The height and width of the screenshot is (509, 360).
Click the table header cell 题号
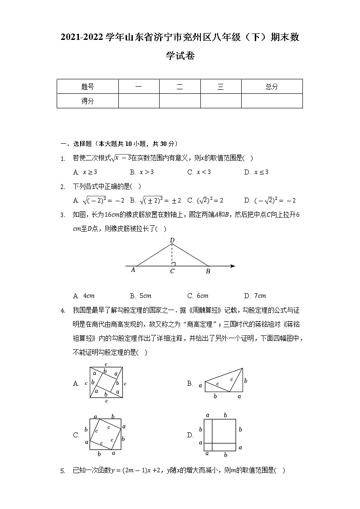pyautogui.click(x=88, y=87)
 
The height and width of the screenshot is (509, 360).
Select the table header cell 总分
pyautogui.click(x=272, y=87)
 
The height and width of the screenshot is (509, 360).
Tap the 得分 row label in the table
pyautogui.click(x=88, y=101)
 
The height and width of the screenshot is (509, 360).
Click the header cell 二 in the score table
pyautogui.click(x=180, y=87)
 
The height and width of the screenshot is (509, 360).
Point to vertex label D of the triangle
pyautogui.click(x=172, y=240)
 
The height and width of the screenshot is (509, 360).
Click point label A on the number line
pyautogui.click(x=133, y=270)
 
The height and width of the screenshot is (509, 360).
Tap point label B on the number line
pyautogui.click(x=208, y=271)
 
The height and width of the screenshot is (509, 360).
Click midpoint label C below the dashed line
pyautogui.click(x=172, y=271)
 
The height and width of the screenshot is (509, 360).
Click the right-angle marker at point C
pyautogui.click(x=174, y=264)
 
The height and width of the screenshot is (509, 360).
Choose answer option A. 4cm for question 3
pyautogui.click(x=84, y=296)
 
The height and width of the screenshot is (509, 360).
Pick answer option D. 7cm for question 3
pyautogui.click(x=255, y=296)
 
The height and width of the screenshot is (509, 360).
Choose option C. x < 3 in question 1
pyautogui.click(x=199, y=172)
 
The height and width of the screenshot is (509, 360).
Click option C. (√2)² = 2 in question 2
pyautogui.click(x=205, y=200)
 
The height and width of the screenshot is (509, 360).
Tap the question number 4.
pyautogui.click(x=63, y=310)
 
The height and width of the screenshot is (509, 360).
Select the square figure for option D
pyautogui.click(x=220, y=435)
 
